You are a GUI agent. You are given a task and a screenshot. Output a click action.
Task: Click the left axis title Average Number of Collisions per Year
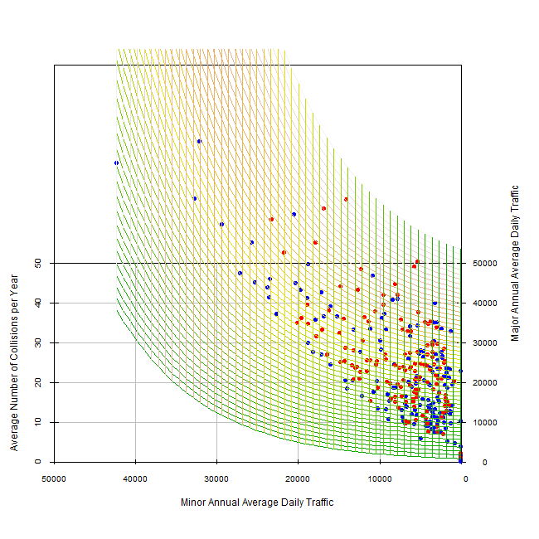14,366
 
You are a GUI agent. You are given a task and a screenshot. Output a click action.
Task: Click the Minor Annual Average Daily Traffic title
257,503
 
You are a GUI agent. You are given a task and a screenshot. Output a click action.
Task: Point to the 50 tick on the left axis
38,263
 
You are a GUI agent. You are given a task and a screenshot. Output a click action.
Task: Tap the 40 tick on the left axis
38,303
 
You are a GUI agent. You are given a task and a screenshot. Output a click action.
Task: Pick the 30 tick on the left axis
38,342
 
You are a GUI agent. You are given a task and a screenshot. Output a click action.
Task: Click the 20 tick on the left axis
38,382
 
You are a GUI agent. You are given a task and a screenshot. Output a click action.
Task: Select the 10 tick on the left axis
38,422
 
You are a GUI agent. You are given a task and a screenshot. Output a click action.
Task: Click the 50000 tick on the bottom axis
55,478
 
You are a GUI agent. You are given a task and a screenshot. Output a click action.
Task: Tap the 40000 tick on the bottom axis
135,478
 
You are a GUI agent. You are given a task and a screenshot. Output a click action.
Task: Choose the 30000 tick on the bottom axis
216,478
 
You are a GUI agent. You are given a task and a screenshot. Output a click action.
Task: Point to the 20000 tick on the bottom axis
299,478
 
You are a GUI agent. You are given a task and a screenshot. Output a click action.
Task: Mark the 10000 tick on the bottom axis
380,478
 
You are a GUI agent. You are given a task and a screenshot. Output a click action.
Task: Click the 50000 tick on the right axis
483,263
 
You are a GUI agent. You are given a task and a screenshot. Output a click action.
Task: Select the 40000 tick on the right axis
483,303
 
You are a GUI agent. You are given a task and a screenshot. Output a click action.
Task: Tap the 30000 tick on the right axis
483,342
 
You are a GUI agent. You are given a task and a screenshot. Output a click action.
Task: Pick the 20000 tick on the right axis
483,382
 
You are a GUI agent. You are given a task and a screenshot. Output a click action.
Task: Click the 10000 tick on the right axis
483,422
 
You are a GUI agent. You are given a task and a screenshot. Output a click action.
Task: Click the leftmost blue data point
116,163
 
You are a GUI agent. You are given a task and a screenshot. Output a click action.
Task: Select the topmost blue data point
199,141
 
